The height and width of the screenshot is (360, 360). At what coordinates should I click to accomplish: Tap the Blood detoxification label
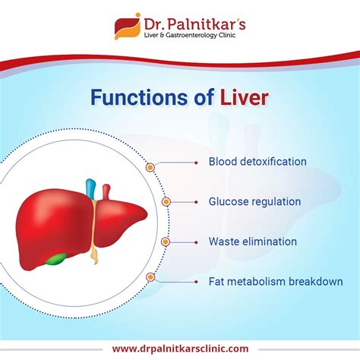[x=257, y=162]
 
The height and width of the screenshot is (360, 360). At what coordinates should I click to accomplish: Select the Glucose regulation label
[x=254, y=202]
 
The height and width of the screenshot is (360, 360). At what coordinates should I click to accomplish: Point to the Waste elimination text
[x=252, y=242]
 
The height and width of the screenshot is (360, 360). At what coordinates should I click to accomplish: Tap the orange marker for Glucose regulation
[x=166, y=202]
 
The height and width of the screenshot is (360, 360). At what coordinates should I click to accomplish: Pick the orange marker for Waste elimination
[x=166, y=242]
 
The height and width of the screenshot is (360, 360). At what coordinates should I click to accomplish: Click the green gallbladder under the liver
[x=54, y=258]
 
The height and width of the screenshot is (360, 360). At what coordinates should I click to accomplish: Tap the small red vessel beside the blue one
[x=106, y=189]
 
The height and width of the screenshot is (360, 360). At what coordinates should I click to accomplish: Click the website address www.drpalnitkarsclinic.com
[x=179, y=348]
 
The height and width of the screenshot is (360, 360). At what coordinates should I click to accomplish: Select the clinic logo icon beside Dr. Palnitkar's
[x=125, y=26]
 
